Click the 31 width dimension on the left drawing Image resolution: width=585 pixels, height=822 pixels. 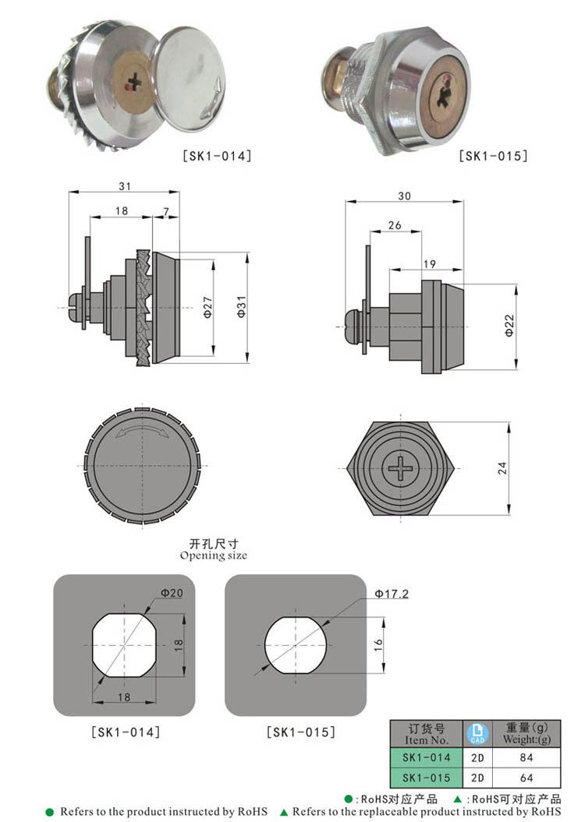pyautogui.click(x=124, y=186)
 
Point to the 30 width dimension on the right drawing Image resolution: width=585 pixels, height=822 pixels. pyautogui.click(x=403, y=195)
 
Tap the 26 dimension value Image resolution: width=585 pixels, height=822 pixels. pyautogui.click(x=394, y=225)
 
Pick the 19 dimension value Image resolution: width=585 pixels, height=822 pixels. pyautogui.click(x=430, y=265)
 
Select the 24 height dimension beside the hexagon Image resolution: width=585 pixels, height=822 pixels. pyautogui.click(x=502, y=468)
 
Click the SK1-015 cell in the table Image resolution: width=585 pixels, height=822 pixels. pyautogui.click(x=426, y=778)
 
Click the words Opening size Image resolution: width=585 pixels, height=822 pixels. pyautogui.click(x=213, y=556)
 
